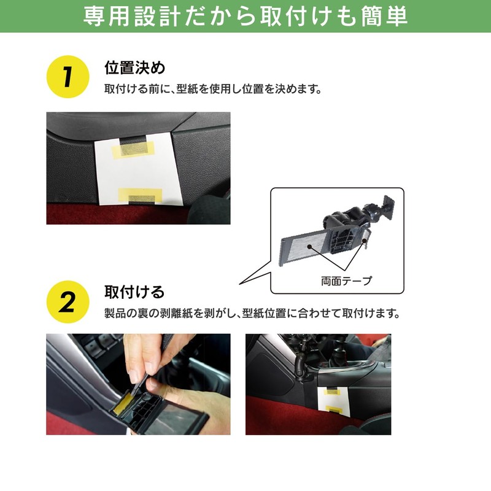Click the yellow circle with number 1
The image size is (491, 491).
[68, 77]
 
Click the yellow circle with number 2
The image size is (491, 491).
[68, 302]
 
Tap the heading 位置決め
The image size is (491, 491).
[134, 68]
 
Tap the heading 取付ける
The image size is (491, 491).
[134, 292]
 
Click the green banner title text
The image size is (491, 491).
[245, 16]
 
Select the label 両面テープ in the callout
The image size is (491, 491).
[346, 281]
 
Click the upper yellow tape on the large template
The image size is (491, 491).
[133, 149]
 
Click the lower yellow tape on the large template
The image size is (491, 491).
[141, 196]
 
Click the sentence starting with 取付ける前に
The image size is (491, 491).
[213, 89]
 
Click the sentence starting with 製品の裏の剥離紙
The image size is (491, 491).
[252, 313]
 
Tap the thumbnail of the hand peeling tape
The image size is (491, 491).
[139, 384]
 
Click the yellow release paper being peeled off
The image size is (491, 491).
[123, 403]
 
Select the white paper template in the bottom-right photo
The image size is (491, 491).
[334, 402]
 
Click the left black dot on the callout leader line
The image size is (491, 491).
[309, 247]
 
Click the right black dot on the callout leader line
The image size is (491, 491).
[364, 241]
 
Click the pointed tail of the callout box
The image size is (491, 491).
[240, 284]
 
